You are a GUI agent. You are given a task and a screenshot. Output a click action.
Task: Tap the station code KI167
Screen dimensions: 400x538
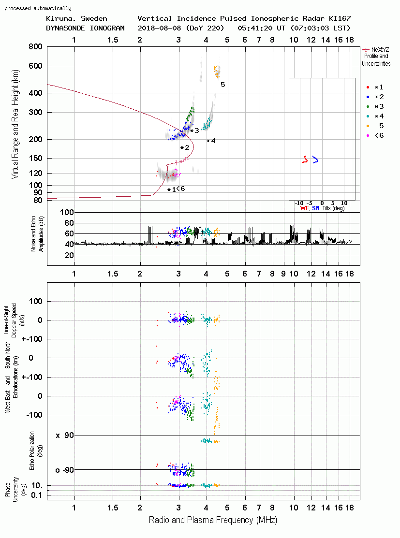tap(340, 18)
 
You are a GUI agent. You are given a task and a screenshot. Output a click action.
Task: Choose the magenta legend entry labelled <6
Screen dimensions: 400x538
tap(375, 135)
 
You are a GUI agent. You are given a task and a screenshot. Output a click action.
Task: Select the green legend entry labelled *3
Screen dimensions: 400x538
tap(375, 107)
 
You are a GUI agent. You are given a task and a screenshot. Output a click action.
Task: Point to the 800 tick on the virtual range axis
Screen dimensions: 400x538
tap(35, 46)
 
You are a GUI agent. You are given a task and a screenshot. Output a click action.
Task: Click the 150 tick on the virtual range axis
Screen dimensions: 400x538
tap(35, 158)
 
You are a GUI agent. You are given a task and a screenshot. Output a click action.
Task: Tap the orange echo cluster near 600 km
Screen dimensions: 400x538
tap(217, 72)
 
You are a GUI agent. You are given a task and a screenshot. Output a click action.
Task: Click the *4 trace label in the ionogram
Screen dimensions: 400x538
tap(211, 141)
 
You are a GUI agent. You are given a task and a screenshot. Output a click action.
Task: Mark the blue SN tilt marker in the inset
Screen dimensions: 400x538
tap(315, 160)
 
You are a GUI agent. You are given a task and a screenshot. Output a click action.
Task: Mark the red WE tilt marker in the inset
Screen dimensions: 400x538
tap(305, 160)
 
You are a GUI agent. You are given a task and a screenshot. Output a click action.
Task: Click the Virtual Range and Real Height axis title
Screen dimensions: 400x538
tap(15, 124)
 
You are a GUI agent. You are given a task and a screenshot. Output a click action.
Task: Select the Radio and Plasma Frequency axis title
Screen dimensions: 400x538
tap(213, 520)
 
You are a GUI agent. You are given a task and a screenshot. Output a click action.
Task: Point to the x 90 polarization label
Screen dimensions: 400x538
tap(65, 436)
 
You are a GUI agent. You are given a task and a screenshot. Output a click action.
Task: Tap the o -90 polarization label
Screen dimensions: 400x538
tap(64, 470)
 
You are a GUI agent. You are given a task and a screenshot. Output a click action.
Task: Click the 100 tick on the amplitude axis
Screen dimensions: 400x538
tap(67, 212)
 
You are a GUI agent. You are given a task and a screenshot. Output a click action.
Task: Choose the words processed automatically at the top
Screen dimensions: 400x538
tap(38, 8)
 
